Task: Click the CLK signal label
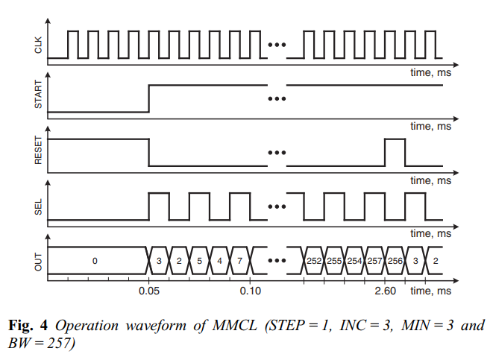coord(38,46)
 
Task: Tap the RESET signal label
coord(38,152)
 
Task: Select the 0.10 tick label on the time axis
coord(250,290)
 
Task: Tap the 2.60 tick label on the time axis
coord(386,290)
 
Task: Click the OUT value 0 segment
coord(95,261)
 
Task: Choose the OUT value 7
coord(240,261)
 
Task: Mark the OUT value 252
coord(314,261)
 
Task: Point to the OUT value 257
coord(374,261)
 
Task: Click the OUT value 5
coord(200,261)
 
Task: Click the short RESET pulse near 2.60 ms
coord(395,152)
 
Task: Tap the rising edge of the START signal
coord(149,98)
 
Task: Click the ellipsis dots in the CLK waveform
coord(277,45)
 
